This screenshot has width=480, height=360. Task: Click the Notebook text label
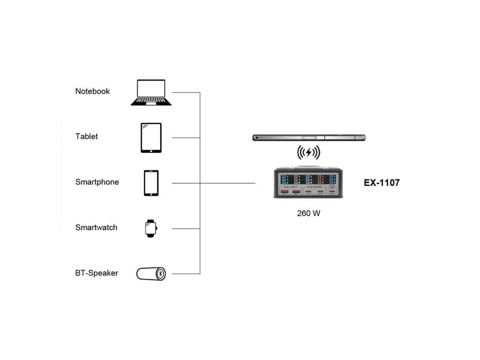(92, 91)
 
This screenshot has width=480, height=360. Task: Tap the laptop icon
(151, 92)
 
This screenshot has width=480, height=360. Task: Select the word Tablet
(86, 137)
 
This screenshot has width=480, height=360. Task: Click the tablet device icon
(151, 137)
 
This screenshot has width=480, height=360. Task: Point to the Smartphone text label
(97, 182)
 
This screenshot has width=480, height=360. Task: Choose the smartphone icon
(151, 183)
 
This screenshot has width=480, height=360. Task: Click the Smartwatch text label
(97, 228)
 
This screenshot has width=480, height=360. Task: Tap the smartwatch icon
(150, 228)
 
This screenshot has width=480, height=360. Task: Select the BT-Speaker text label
(97, 274)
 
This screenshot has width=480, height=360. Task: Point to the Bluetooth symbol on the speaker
(160, 274)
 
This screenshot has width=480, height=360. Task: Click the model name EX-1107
(382, 182)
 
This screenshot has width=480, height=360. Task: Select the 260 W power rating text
(308, 214)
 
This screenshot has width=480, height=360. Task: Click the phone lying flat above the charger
(308, 137)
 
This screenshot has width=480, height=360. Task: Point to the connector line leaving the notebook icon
(186, 92)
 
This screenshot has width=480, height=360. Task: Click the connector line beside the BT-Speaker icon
(186, 274)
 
